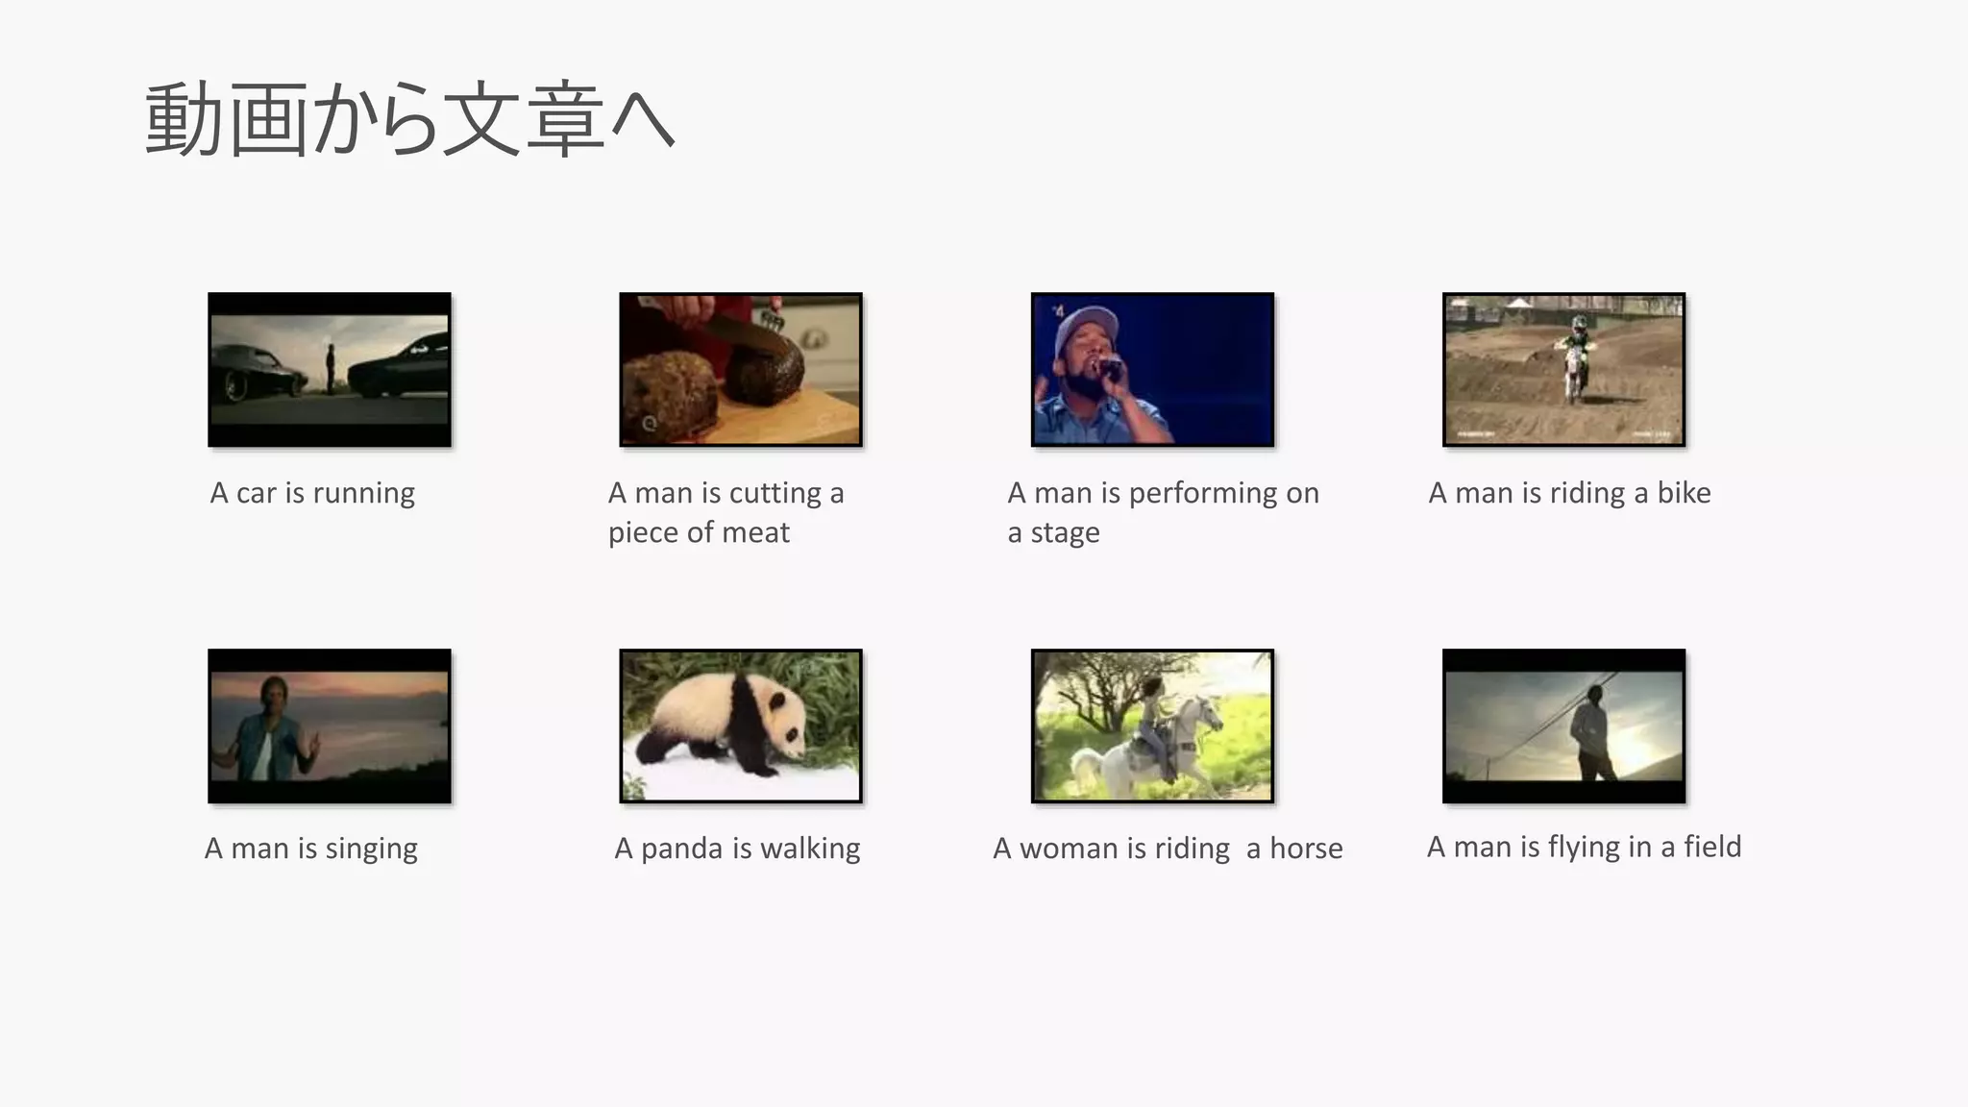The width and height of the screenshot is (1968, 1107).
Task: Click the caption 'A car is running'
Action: coord(312,493)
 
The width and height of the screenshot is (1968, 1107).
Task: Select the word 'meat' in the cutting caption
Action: coord(753,532)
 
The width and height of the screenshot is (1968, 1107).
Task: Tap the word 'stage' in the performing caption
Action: coord(1065,532)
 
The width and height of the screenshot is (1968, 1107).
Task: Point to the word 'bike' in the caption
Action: coord(1684,493)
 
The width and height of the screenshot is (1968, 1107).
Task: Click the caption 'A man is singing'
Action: coord(311,849)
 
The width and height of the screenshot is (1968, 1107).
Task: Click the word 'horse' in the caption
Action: coord(1306,849)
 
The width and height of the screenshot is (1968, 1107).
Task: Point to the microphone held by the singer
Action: coord(1109,367)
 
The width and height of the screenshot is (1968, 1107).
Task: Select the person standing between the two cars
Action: coord(331,368)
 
